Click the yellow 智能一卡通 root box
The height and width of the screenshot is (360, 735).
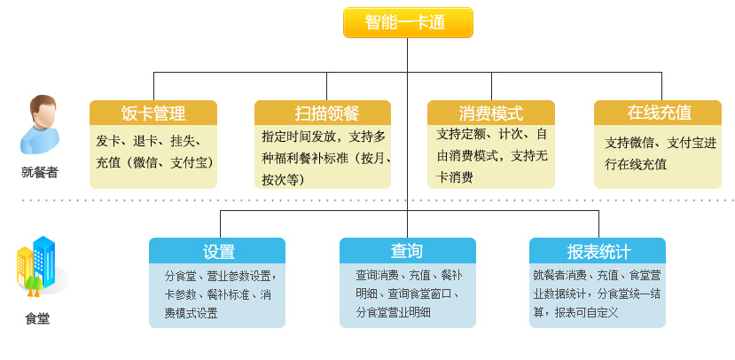click(408, 22)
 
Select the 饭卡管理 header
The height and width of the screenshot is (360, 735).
click(153, 113)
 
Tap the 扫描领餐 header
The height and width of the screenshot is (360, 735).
click(323, 113)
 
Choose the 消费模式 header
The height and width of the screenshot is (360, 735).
click(491, 113)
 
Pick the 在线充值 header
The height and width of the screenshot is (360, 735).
click(658, 113)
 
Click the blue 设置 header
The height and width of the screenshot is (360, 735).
click(217, 251)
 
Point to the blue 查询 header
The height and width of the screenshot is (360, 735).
click(407, 251)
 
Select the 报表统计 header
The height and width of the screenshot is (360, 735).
click(598, 251)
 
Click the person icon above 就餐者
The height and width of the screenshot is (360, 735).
click(40, 124)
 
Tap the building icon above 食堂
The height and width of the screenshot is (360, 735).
click(39, 266)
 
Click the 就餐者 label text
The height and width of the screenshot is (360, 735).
click(40, 173)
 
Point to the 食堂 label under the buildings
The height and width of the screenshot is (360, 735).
click(37, 319)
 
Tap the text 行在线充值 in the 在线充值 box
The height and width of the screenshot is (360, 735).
click(636, 165)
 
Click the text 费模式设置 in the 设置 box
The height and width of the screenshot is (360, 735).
click(192, 313)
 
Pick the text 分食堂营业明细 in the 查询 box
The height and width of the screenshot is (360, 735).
click(394, 312)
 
